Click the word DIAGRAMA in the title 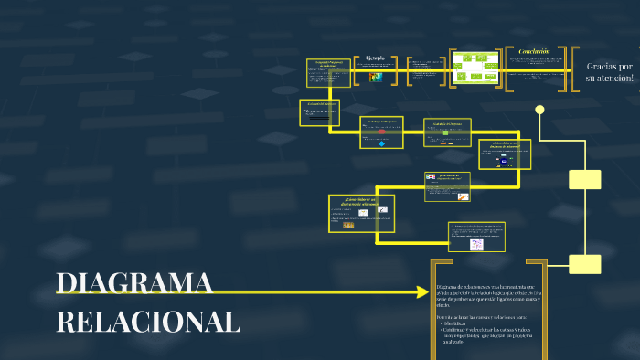[x=134, y=284]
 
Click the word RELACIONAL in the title [x=148, y=322]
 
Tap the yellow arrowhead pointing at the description [x=421, y=292]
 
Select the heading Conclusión [x=534, y=52]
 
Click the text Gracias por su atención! [x=609, y=73]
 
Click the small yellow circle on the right [x=539, y=111]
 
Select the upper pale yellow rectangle [x=584, y=179]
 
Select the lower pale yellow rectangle [x=584, y=264]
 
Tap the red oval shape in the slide [x=381, y=132]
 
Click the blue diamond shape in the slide [x=381, y=143]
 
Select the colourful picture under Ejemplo [x=376, y=78]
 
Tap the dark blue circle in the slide [x=503, y=161]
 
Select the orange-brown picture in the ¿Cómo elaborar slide [x=348, y=225]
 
